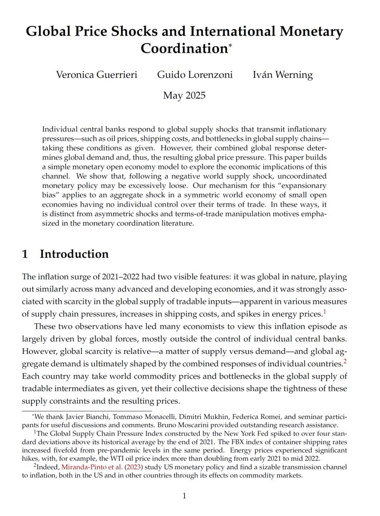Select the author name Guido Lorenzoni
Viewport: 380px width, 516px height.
tap(195, 75)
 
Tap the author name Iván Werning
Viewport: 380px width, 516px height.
tap(283, 75)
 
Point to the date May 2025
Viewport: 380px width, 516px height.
tap(184, 95)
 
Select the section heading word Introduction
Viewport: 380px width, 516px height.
tap(74, 254)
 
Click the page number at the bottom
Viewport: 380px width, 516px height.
tap(185, 496)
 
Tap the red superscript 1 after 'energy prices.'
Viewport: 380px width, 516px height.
tap(325, 312)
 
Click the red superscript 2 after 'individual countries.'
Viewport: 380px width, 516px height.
tap(345, 362)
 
